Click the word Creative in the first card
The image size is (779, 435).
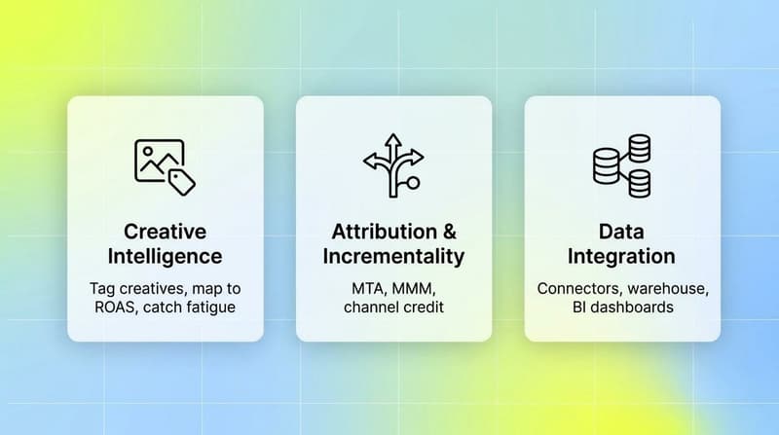coord(166,233)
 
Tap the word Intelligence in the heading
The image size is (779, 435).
coord(166,257)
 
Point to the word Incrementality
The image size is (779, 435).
coord(394,257)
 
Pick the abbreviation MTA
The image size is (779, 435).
coord(369,289)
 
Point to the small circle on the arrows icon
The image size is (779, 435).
coord(414,182)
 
